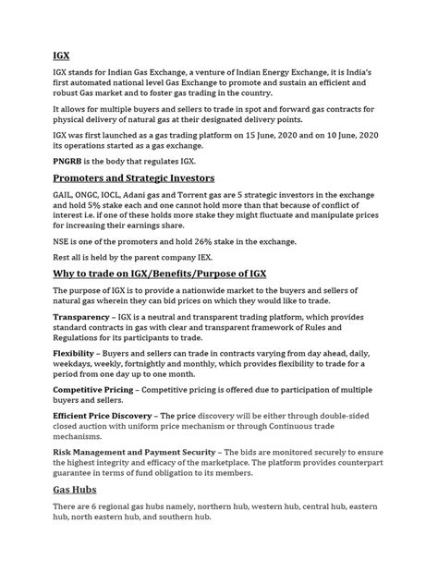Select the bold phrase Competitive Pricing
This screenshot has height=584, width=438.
coord(101,391)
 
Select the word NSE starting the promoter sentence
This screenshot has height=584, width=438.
coord(64,241)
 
